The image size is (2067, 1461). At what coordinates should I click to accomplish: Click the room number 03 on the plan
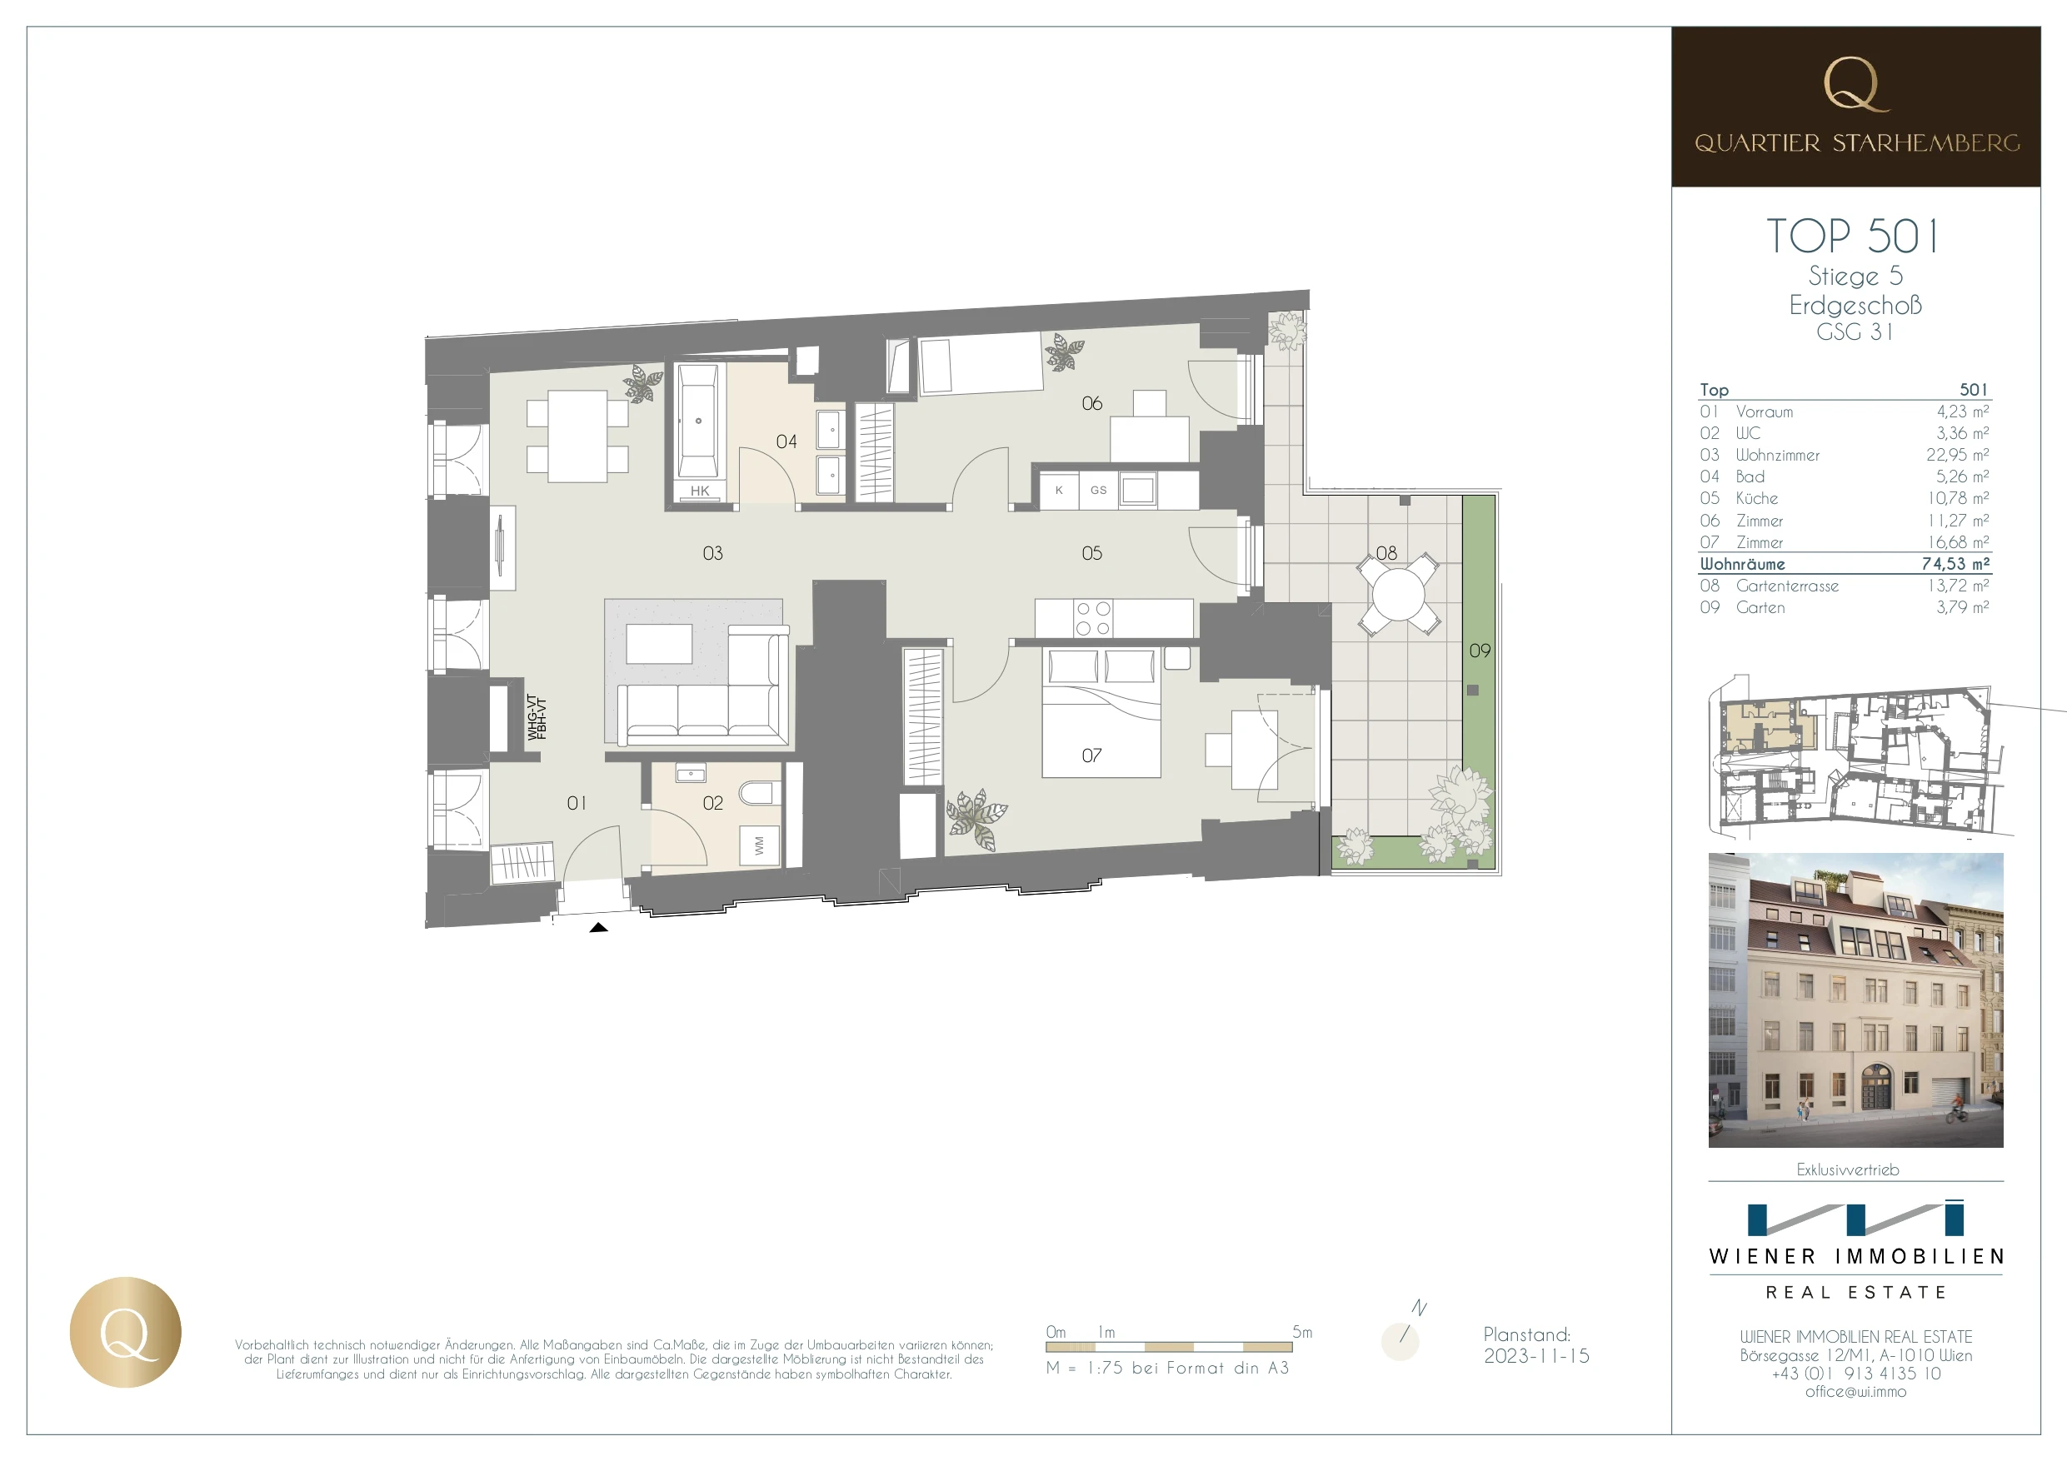712,553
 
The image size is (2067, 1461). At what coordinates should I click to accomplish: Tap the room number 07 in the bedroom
1091,755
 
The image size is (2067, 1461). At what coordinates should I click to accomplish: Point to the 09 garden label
1479,650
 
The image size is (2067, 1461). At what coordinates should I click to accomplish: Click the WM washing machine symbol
759,846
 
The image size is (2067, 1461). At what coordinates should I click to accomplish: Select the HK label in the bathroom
700,491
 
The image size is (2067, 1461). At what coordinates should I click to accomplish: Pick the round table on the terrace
1398,594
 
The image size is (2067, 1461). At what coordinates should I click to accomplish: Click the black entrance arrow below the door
598,927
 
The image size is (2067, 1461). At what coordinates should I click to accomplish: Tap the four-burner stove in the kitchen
1093,618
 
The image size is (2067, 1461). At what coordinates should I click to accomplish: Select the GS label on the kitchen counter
1098,491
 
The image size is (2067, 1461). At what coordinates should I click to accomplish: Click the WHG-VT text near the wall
532,717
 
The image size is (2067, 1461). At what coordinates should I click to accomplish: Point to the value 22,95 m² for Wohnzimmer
1957,455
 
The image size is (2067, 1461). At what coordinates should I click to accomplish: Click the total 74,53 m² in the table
1955,564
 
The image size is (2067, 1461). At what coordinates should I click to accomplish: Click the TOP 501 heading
1853,236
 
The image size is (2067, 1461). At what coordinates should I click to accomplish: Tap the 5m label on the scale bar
1302,1331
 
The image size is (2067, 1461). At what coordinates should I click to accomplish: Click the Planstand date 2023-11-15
1537,1356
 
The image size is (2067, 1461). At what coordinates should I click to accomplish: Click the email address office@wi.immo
1855,1392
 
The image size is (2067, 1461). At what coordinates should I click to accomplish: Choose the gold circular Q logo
125,1332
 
